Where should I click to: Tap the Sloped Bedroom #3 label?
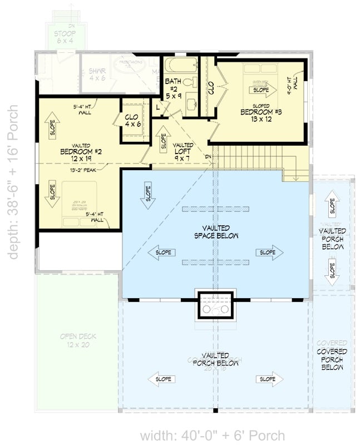(x=261, y=116)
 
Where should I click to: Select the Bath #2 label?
(x=173, y=88)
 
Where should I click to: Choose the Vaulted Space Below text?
(x=216, y=231)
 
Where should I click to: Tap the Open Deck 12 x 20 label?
(x=76, y=340)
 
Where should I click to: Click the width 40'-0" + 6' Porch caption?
(x=213, y=436)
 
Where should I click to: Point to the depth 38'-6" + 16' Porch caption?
(x=13, y=181)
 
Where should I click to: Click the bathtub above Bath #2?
(x=180, y=66)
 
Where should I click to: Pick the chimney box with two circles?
(x=215, y=305)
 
